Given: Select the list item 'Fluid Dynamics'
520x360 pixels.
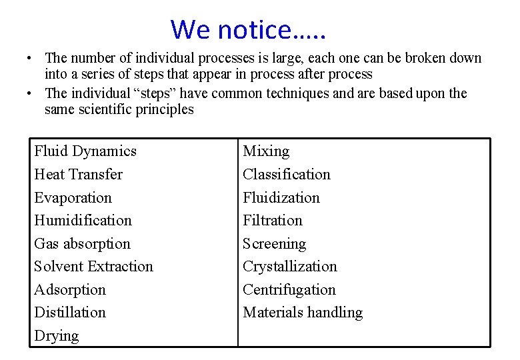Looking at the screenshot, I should click(x=85, y=151).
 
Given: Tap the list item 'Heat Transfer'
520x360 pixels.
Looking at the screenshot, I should click(x=79, y=175).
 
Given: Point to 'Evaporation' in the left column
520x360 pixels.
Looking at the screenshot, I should click(x=73, y=198).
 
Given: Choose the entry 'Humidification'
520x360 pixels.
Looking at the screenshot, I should click(x=83, y=221).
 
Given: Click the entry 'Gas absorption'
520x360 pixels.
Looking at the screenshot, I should click(x=83, y=244).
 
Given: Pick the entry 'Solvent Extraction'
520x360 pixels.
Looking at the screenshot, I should click(x=94, y=267).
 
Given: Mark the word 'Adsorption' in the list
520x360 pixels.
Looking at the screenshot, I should click(x=70, y=290).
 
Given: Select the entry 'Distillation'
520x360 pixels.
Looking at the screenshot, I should click(x=70, y=313).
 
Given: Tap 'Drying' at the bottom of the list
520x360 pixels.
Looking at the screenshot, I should click(x=57, y=336).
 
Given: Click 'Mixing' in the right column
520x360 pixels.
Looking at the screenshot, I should click(x=266, y=151).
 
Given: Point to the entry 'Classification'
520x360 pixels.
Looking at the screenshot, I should click(x=287, y=175).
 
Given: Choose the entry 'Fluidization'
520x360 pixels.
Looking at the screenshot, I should click(x=281, y=198).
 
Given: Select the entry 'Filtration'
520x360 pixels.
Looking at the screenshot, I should click(x=273, y=221).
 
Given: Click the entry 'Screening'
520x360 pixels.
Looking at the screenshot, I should click(x=275, y=244).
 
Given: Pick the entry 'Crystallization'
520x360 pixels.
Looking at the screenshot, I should click(x=290, y=267).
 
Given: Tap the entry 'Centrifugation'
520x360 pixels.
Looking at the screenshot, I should click(x=289, y=290).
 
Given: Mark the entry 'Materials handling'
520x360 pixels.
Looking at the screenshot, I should click(x=303, y=313).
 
